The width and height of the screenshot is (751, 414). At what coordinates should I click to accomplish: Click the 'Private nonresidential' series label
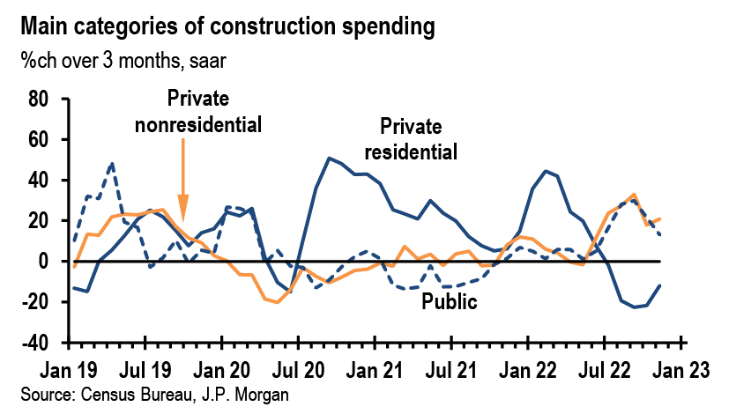(198, 111)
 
